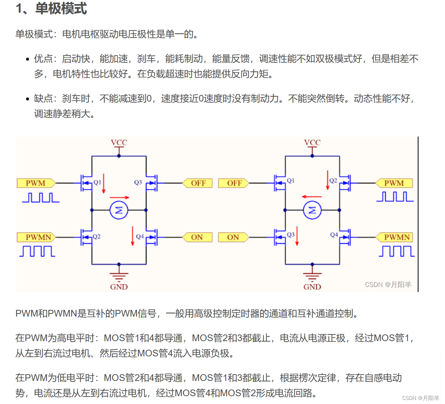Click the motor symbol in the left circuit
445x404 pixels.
(x=119, y=211)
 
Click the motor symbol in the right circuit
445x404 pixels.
(x=312, y=211)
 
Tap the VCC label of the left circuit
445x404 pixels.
(x=119, y=142)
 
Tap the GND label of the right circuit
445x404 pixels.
(x=312, y=287)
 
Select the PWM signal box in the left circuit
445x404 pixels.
(x=36, y=183)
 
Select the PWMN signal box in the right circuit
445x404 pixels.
(x=397, y=237)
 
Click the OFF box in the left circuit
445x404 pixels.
(x=198, y=183)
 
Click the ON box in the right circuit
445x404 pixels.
(x=233, y=237)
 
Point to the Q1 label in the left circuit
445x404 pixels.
(x=97, y=182)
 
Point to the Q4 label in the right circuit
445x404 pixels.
(x=334, y=235)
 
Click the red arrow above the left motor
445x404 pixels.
(x=119, y=198)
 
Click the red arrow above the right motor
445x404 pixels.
(x=312, y=196)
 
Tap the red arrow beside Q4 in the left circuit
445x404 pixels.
(x=132, y=236)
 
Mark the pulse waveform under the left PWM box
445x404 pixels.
(x=41, y=198)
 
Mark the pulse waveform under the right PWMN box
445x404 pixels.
(x=397, y=251)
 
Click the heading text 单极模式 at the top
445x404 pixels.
(x=61, y=8)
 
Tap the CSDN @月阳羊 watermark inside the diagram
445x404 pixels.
(x=388, y=285)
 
